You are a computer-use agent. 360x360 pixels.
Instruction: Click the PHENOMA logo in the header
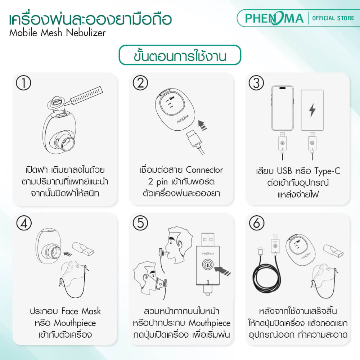pos(274,18)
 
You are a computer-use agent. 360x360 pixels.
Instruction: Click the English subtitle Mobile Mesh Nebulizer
pos(57,33)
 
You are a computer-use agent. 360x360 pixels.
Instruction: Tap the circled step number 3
pos(257,83)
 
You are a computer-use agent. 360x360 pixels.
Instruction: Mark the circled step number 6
pos(257,224)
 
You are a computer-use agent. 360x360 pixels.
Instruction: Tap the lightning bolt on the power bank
pos(312,110)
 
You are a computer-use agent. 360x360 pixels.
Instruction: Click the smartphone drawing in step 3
pos(283,108)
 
